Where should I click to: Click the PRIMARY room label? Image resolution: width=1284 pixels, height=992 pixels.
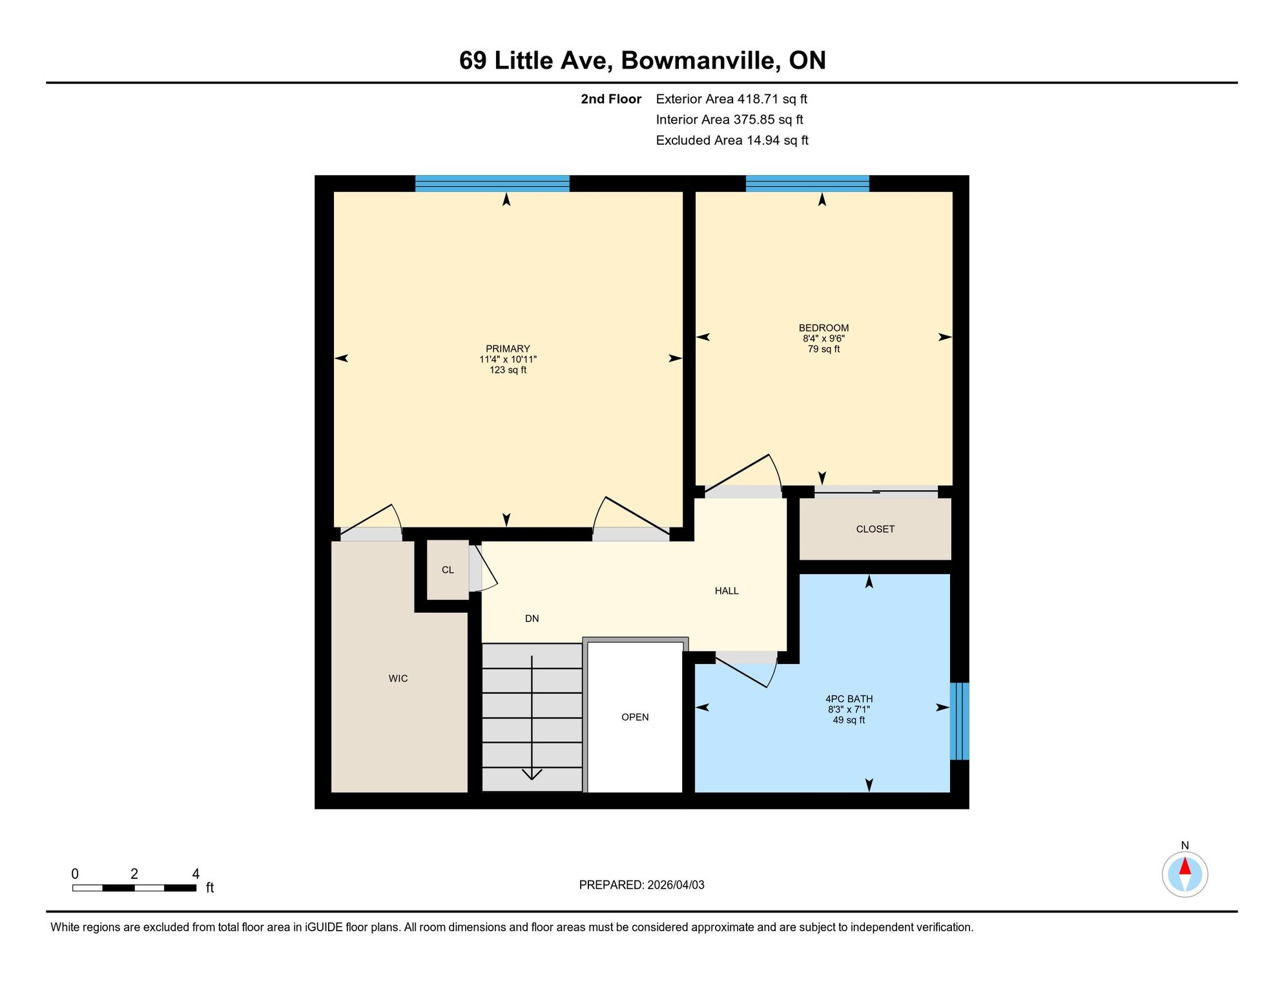508,349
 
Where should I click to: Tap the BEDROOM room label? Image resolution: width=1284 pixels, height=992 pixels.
823,328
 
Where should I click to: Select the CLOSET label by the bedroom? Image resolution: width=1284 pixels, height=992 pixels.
875,529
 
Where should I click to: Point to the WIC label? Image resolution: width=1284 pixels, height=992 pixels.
398,678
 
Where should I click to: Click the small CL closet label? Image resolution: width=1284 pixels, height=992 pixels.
448,570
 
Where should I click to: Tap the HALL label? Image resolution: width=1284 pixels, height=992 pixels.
727,590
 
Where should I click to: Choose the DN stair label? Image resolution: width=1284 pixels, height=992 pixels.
532,618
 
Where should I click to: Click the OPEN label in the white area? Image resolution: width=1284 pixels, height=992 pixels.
635,717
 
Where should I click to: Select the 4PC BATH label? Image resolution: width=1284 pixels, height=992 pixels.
849,699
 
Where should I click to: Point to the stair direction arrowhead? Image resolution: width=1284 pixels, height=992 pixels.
532,774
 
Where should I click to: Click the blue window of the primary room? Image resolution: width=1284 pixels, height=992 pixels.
492,183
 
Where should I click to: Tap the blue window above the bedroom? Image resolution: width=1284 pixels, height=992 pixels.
807,183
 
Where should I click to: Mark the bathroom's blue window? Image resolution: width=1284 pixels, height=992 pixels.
960,721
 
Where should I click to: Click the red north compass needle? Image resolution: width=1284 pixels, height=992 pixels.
1185,866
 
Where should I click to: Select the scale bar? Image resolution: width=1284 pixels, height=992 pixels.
134,888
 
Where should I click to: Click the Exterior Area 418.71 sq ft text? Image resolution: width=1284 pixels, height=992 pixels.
732,99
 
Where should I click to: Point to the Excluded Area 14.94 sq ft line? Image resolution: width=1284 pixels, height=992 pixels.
732,140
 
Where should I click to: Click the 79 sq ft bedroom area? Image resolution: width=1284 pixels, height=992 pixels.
823,349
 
